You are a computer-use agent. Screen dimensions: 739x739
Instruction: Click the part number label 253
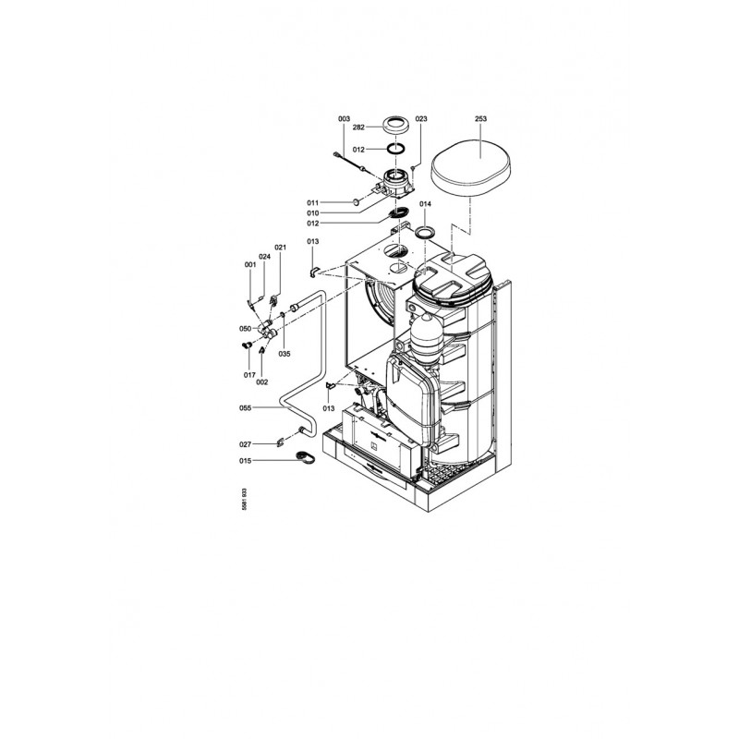[x=480, y=119]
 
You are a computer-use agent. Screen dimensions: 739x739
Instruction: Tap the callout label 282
[x=358, y=127]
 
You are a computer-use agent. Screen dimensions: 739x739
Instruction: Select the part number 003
[x=344, y=119]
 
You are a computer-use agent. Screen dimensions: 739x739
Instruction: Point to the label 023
[x=421, y=119]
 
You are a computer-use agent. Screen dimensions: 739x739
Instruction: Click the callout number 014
[x=425, y=204]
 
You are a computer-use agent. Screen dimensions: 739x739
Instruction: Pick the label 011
[x=313, y=202]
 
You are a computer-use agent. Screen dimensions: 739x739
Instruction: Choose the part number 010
[x=313, y=213]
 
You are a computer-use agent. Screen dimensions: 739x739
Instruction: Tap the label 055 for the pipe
[x=245, y=408]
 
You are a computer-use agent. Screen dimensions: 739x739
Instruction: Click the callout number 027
[x=245, y=444]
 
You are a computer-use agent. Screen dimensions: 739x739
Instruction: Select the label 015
[x=245, y=461]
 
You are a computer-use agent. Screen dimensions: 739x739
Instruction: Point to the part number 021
[x=281, y=248]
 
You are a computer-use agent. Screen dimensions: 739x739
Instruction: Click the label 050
[x=245, y=329]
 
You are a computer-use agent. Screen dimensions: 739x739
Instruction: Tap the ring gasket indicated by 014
[x=425, y=233]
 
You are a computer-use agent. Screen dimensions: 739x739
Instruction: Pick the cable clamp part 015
[x=305, y=457]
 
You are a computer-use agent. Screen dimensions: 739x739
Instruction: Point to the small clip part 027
[x=281, y=442]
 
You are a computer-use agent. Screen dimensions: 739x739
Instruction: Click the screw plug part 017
[x=245, y=346]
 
